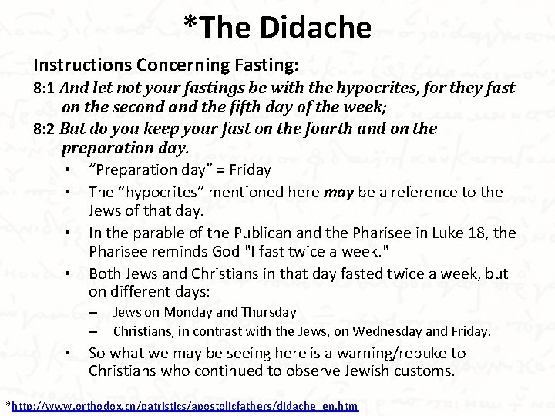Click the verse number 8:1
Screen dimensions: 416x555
pos(44,88)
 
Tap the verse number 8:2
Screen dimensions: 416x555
pos(44,129)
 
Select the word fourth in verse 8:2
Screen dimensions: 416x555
pos(302,128)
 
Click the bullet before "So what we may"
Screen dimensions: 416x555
pos(69,354)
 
